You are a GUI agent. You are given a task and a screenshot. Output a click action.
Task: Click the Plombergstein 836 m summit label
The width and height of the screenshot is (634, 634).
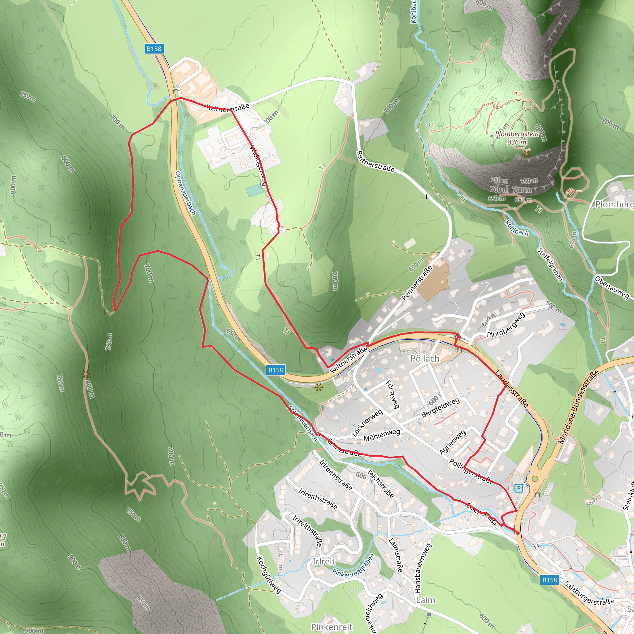[517, 138]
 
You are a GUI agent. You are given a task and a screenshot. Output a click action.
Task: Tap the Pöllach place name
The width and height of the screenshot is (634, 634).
[425, 358]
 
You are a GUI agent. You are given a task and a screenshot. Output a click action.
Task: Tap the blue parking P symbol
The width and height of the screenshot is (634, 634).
[519, 488]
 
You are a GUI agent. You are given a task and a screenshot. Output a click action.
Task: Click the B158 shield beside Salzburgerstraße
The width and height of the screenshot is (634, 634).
[549, 580]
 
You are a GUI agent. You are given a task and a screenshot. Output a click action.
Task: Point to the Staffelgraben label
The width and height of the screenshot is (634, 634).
[550, 264]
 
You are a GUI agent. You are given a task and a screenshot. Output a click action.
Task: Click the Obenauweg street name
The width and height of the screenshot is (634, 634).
[612, 288]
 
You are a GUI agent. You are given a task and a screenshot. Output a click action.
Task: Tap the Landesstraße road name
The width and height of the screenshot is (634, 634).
[512, 389]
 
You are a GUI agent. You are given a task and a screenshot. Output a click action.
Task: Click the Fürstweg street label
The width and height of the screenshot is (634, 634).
[393, 394]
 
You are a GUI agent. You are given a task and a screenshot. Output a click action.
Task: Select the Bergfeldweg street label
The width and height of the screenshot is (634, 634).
[441, 408]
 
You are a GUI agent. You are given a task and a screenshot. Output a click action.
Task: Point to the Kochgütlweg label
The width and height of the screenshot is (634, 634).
[268, 575]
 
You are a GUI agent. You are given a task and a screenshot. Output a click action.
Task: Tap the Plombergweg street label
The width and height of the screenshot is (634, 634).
[506, 325]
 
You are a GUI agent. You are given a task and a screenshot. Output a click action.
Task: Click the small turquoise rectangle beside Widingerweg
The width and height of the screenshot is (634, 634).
[254, 190]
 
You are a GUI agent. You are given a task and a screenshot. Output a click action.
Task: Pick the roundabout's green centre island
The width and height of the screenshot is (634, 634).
[535, 479]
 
